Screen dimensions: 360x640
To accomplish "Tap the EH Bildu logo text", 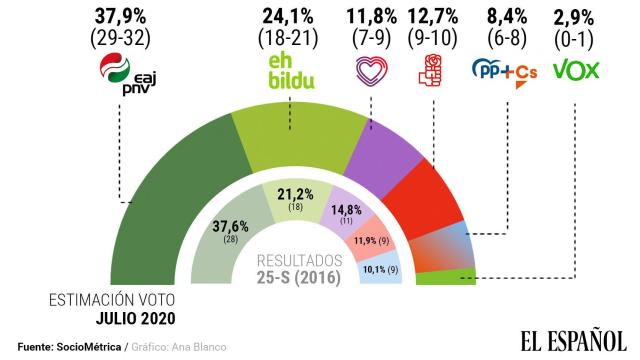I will (x=288, y=70).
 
